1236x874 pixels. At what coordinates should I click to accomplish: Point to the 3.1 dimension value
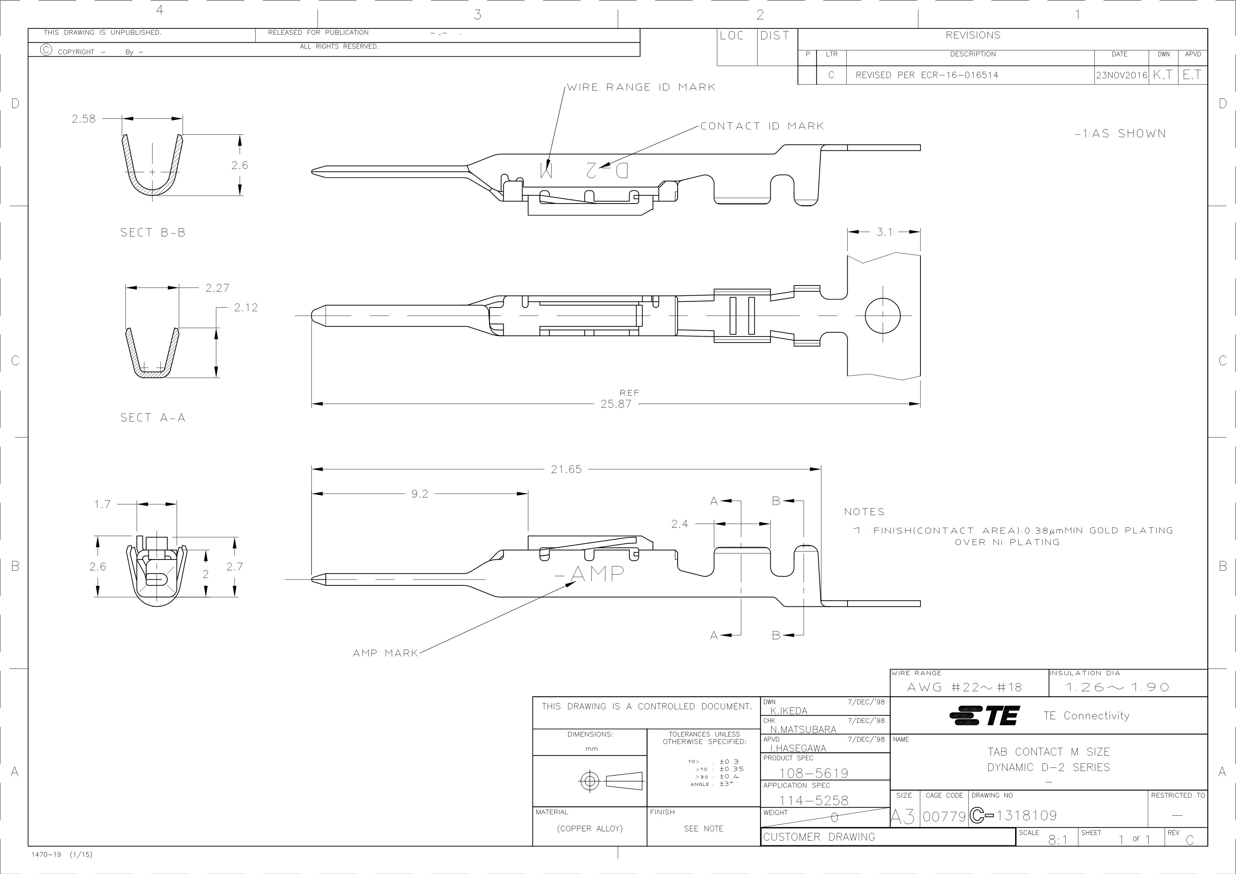(884, 232)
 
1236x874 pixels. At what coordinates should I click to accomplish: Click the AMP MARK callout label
(385, 653)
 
